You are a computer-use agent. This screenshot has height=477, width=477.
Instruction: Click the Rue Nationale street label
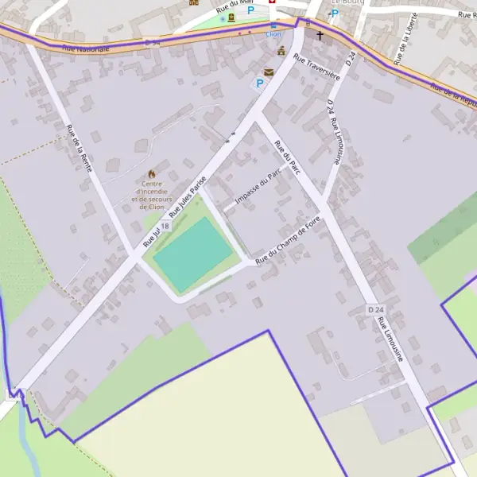pyautogui.click(x=85, y=48)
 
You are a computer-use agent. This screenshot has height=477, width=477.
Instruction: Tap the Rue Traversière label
pyautogui.click(x=316, y=67)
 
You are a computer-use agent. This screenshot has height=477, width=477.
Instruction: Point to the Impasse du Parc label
pyautogui.click(x=259, y=188)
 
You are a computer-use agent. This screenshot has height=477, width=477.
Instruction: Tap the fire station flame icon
pyautogui.click(x=151, y=174)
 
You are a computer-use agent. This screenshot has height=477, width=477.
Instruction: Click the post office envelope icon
pyautogui.click(x=269, y=72)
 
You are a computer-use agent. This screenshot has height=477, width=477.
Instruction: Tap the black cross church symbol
pyautogui.click(x=320, y=36)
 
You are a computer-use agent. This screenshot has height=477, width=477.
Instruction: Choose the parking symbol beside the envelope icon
pyautogui.click(x=258, y=83)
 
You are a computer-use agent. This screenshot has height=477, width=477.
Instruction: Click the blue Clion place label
pyautogui.click(x=273, y=35)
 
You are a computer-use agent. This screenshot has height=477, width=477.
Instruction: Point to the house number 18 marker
pyautogui.click(x=165, y=227)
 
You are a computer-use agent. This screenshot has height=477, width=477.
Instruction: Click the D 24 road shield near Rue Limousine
pyautogui.click(x=376, y=308)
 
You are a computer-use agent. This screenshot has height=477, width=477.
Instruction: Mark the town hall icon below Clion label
pyautogui.click(x=281, y=51)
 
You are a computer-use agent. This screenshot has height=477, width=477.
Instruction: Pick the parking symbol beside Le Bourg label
pyautogui.click(x=335, y=14)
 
